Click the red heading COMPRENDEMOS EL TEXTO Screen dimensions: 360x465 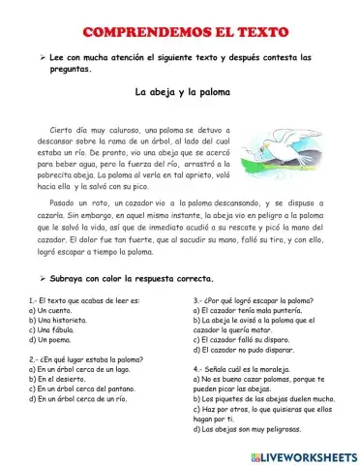(180, 32)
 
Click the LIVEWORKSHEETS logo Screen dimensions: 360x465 (306, 454)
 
